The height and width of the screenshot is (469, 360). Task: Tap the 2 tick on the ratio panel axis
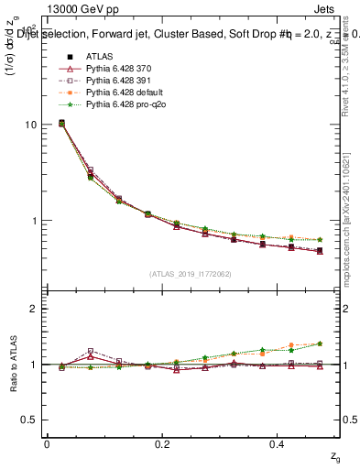pyautogui.click(x=36, y=309)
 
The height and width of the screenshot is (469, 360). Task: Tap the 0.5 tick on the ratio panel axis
pyautogui.click(x=31, y=420)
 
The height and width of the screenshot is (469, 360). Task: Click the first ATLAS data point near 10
pyautogui.click(x=61, y=123)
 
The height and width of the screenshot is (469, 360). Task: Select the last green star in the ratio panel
pyautogui.click(x=320, y=344)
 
